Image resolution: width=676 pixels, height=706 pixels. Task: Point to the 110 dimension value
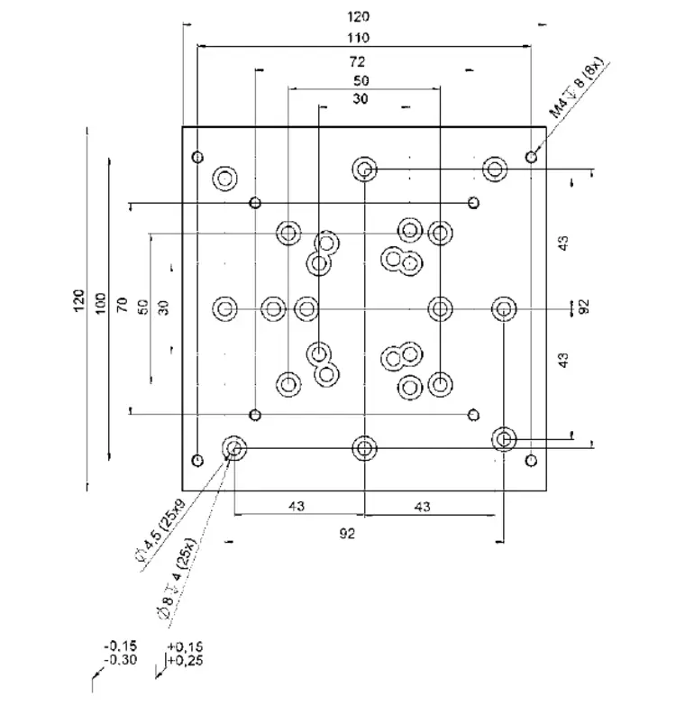[x=363, y=38]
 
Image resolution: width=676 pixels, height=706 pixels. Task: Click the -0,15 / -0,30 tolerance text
[x=120, y=653]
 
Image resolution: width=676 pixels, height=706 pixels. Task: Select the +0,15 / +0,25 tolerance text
[x=184, y=653]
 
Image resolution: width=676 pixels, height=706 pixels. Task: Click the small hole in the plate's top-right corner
[x=532, y=158]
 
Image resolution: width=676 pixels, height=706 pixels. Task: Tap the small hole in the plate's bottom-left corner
[x=197, y=461]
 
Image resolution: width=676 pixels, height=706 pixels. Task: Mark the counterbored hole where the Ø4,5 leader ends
[x=234, y=447]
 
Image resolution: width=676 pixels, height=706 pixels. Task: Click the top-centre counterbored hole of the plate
[x=364, y=169]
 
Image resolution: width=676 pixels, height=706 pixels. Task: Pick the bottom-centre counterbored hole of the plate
[x=364, y=447]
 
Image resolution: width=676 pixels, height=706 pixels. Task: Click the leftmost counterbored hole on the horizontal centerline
[x=224, y=309]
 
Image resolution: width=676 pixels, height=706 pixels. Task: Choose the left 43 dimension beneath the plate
[x=296, y=507]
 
